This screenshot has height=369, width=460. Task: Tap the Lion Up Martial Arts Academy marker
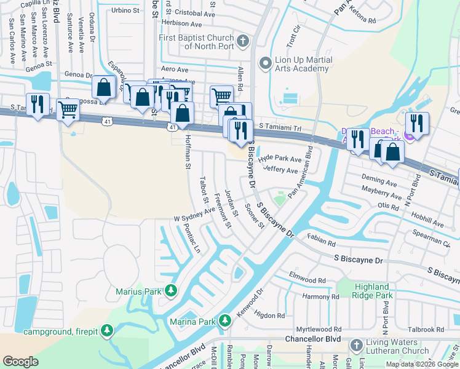266,63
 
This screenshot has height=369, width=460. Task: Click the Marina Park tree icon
226,320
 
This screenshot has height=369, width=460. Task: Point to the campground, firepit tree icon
108,331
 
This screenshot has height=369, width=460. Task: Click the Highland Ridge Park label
372,291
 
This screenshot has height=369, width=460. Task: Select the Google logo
20,362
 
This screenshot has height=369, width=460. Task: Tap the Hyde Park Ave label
280,159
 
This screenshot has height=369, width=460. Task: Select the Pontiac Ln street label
192,239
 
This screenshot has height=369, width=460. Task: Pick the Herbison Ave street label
181,24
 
